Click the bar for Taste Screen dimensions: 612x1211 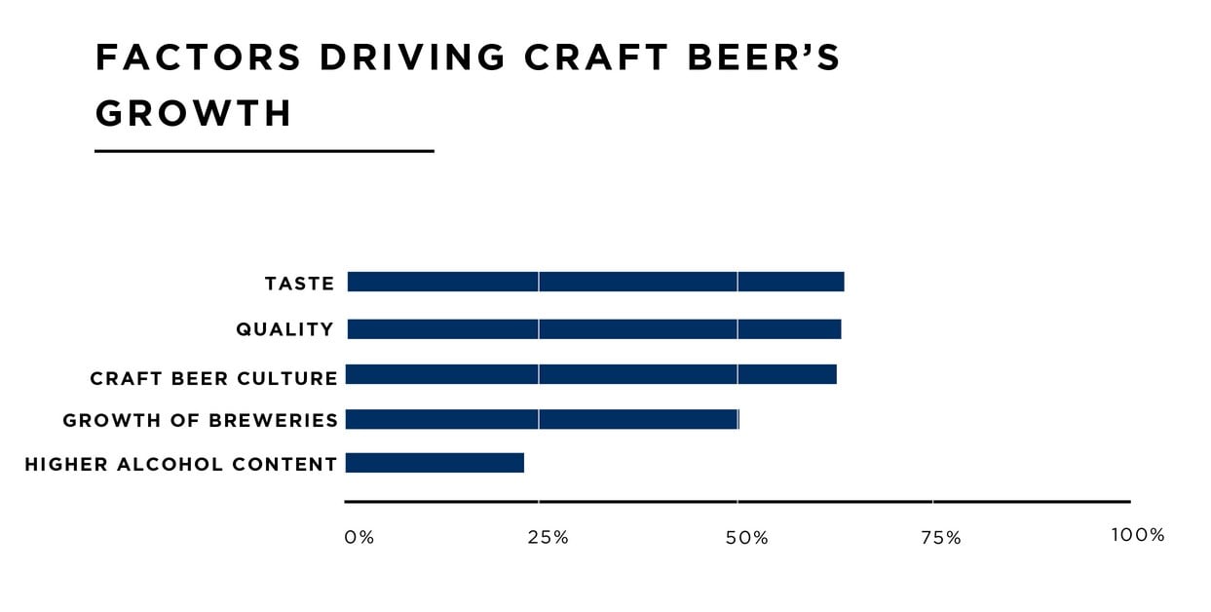coord(595,282)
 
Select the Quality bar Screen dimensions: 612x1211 coord(593,329)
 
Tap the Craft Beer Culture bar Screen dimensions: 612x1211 coord(591,374)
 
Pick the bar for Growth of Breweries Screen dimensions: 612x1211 coord(542,419)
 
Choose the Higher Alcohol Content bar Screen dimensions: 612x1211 coord(435,463)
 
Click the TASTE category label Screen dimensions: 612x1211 coord(300,284)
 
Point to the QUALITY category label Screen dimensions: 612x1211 coord(285,329)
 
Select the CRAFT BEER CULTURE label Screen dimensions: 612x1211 coord(214,378)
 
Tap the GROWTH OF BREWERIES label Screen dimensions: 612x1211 coord(201,421)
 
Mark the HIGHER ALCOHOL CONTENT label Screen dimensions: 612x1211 coord(181,465)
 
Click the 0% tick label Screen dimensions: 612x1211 coord(360,537)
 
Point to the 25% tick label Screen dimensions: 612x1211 coord(548,537)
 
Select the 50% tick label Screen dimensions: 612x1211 coord(747,537)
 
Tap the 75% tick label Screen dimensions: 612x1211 coord(940,537)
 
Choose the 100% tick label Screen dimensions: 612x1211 coord(1137,535)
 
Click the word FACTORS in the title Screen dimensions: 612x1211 coord(199,58)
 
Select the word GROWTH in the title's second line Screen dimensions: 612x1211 coord(194,114)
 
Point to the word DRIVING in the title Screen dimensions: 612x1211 coord(412,58)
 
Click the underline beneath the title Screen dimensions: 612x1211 coord(264,151)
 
